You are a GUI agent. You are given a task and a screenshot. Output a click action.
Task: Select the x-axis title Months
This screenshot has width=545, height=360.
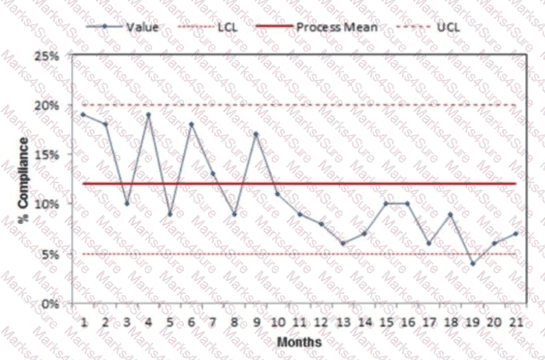[299, 342]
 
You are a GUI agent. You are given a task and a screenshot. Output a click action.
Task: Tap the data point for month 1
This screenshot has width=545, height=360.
[83, 114]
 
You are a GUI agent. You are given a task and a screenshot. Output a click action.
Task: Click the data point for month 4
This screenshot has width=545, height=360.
[148, 114]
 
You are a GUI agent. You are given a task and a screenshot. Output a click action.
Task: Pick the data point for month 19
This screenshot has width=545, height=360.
[472, 264]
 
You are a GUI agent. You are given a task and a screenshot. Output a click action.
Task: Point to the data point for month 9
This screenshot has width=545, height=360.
[256, 134]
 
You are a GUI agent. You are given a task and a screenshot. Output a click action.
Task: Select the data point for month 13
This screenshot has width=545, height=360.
[343, 244]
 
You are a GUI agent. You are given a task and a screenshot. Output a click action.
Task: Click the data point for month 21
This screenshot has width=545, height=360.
[516, 233]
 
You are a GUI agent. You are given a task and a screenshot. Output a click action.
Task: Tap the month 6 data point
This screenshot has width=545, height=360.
[191, 124]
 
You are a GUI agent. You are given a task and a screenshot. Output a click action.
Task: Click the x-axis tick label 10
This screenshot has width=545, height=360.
[278, 323]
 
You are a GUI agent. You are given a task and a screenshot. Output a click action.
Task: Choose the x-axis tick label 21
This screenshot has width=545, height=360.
[516, 323]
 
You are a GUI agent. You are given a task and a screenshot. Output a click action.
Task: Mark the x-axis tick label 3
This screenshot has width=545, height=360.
[127, 323]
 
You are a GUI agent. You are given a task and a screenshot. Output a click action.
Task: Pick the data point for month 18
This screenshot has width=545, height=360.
[451, 214]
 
